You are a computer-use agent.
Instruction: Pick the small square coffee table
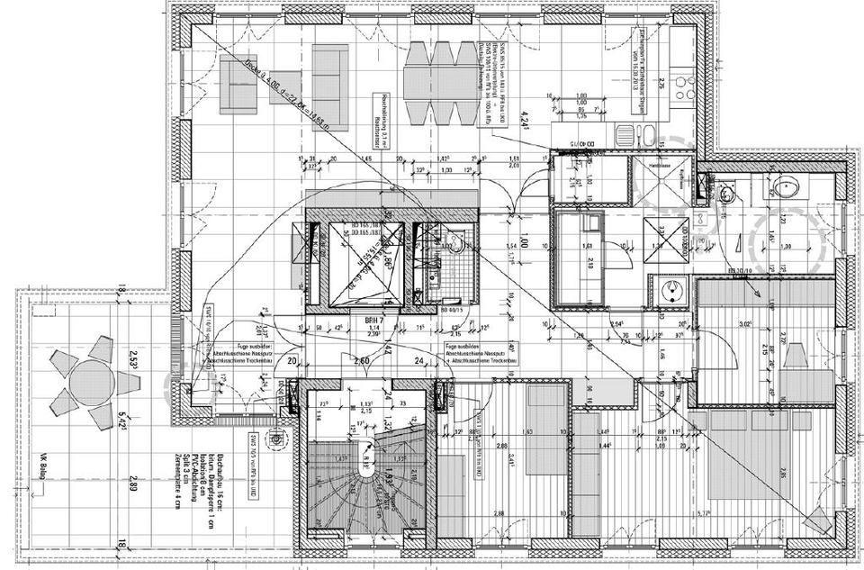tap(284, 86)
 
